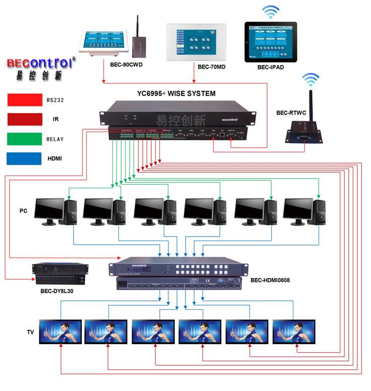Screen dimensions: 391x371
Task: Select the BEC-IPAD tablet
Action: pyautogui.click(x=271, y=41)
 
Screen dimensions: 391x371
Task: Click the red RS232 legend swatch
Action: pyautogui.click(x=24, y=100)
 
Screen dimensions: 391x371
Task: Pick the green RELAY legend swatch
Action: pyautogui.click(x=24, y=139)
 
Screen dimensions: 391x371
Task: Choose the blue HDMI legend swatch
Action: pyautogui.click(x=24, y=158)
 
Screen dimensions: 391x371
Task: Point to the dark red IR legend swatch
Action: pyautogui.click(x=24, y=120)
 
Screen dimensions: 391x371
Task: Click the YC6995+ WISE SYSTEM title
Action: pyautogui.click(x=176, y=93)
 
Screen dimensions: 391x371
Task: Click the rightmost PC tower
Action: pyautogui.click(x=319, y=212)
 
